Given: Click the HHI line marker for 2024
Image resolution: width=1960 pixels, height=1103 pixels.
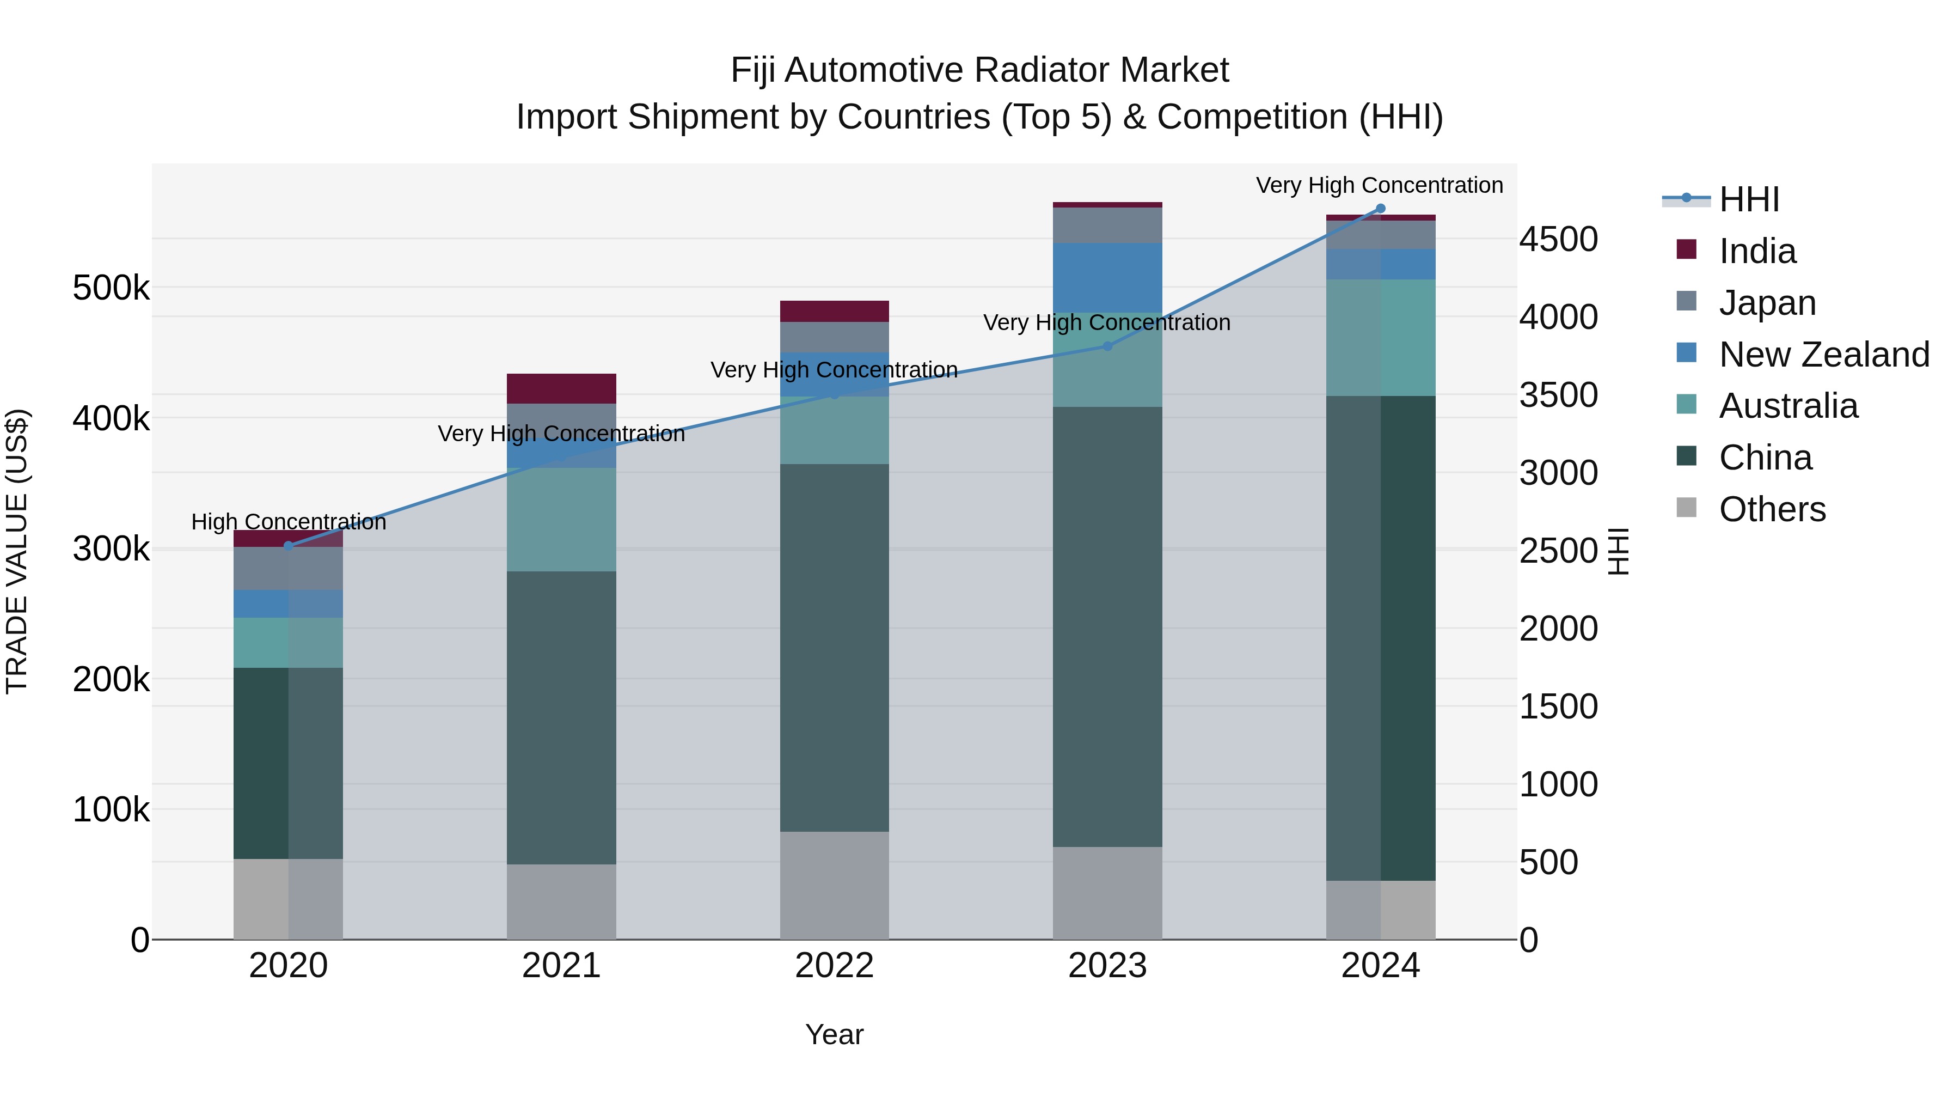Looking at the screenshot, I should pyautogui.click(x=1380, y=209).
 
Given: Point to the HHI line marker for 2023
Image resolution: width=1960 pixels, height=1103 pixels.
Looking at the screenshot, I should pyautogui.click(x=1107, y=346).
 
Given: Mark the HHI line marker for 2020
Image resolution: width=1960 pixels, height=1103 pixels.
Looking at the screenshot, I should pyautogui.click(x=289, y=546).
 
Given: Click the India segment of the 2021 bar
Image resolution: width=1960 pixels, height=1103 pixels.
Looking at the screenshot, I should pyautogui.click(x=561, y=389).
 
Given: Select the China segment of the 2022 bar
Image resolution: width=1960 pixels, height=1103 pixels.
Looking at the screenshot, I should pyautogui.click(x=834, y=647).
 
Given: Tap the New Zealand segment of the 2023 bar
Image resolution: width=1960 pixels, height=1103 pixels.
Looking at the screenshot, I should pyautogui.click(x=1107, y=278).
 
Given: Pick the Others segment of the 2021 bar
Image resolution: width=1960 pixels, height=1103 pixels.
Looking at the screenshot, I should pyautogui.click(x=561, y=901).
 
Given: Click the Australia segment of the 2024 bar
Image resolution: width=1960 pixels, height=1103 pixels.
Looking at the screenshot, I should pyautogui.click(x=1380, y=337).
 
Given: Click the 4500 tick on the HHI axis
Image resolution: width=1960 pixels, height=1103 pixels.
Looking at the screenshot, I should pyautogui.click(x=1558, y=240).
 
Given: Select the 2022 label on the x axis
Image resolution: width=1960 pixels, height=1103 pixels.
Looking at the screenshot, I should pyautogui.click(x=834, y=966).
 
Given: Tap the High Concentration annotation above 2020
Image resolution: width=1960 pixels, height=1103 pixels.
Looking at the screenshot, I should pyautogui.click(x=289, y=522).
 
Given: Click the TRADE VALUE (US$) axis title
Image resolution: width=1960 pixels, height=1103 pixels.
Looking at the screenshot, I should pyautogui.click(x=17, y=551).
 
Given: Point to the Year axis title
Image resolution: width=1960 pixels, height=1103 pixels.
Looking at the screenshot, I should pyautogui.click(x=834, y=1034).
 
